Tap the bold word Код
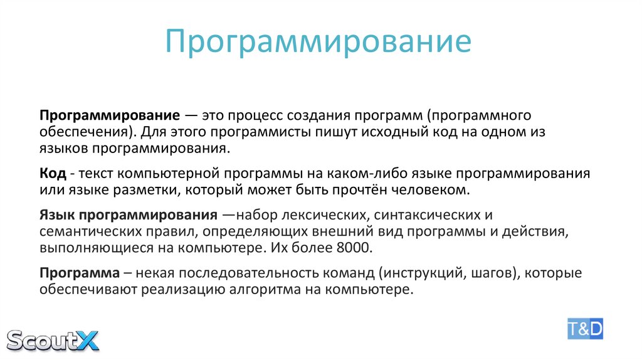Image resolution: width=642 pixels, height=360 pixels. (x=51, y=173)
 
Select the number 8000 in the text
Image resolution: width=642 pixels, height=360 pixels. (x=354, y=247)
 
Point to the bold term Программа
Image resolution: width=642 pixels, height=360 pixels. (x=80, y=273)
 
